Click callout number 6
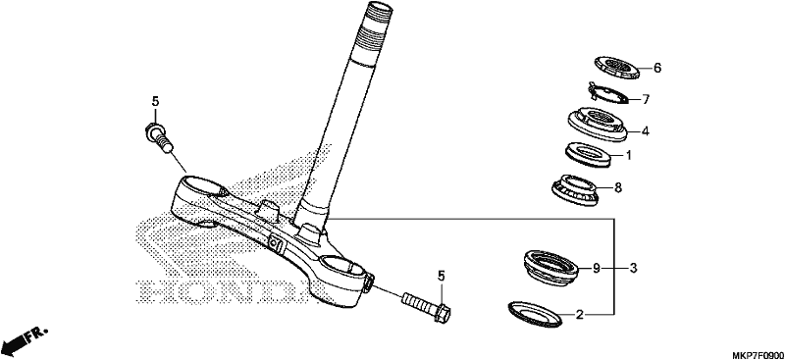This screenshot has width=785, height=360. coord(657,68)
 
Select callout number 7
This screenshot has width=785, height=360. coord(646,100)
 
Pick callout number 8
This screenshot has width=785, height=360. coord(618,187)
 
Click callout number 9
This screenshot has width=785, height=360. coord(597,269)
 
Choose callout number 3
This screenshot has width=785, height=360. coord(633,269)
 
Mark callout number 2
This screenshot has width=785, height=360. coord(580,315)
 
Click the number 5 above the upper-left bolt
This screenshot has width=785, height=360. coord(155,102)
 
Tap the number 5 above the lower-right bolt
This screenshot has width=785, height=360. coord(441,276)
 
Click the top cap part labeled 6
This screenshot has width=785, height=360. coord(617,67)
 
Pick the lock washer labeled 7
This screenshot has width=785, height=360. coord(608,93)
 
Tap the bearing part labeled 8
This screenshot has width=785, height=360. coord(575,190)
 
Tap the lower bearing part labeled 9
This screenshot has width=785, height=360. coord(550,267)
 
